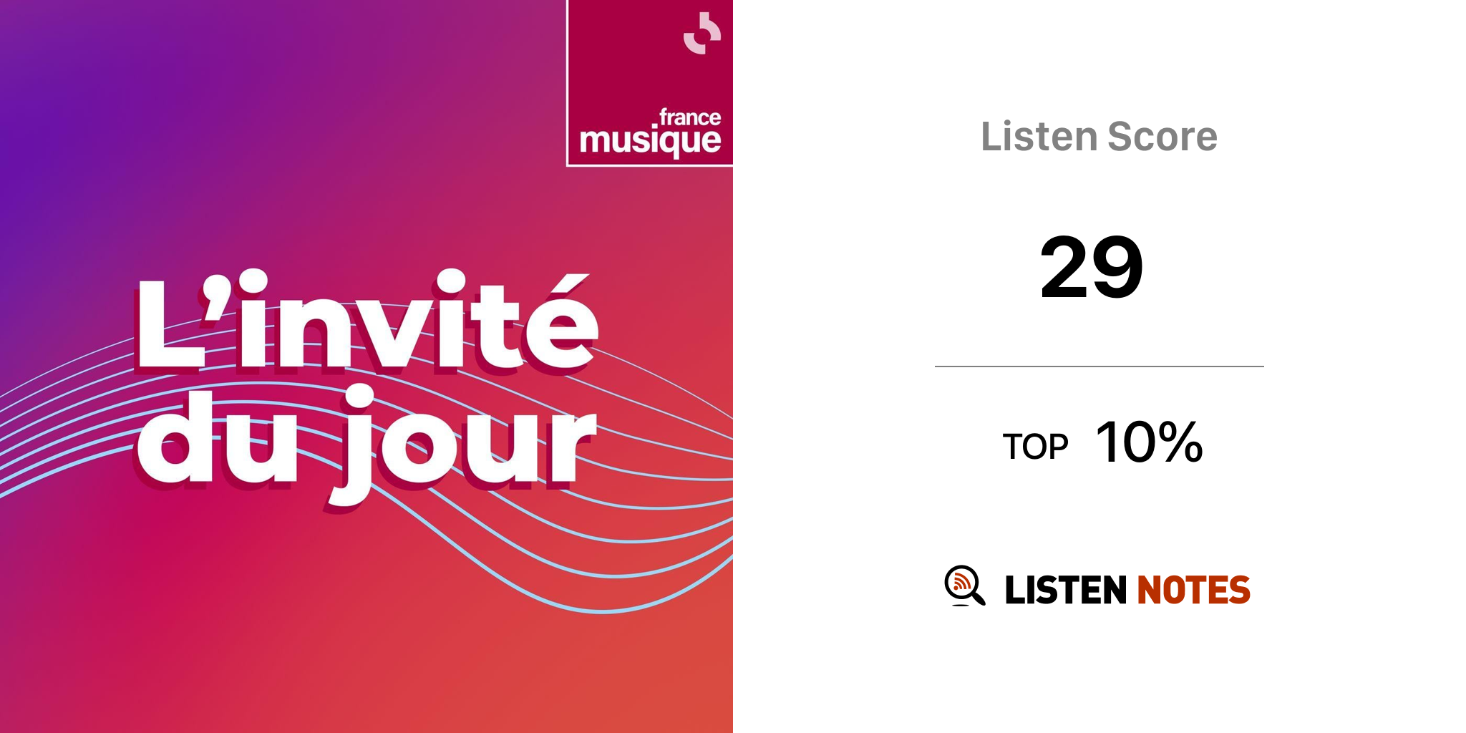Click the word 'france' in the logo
[x=689, y=117]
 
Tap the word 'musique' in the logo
[x=650, y=140]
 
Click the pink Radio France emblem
[x=702, y=33]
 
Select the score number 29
[x=1092, y=267]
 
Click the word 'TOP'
[x=1035, y=447]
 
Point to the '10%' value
[x=1149, y=442]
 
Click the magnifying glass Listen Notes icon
[x=965, y=586]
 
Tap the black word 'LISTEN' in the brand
[x=1066, y=590]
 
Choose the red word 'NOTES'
[x=1193, y=590]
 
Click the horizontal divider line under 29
[x=1099, y=366]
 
